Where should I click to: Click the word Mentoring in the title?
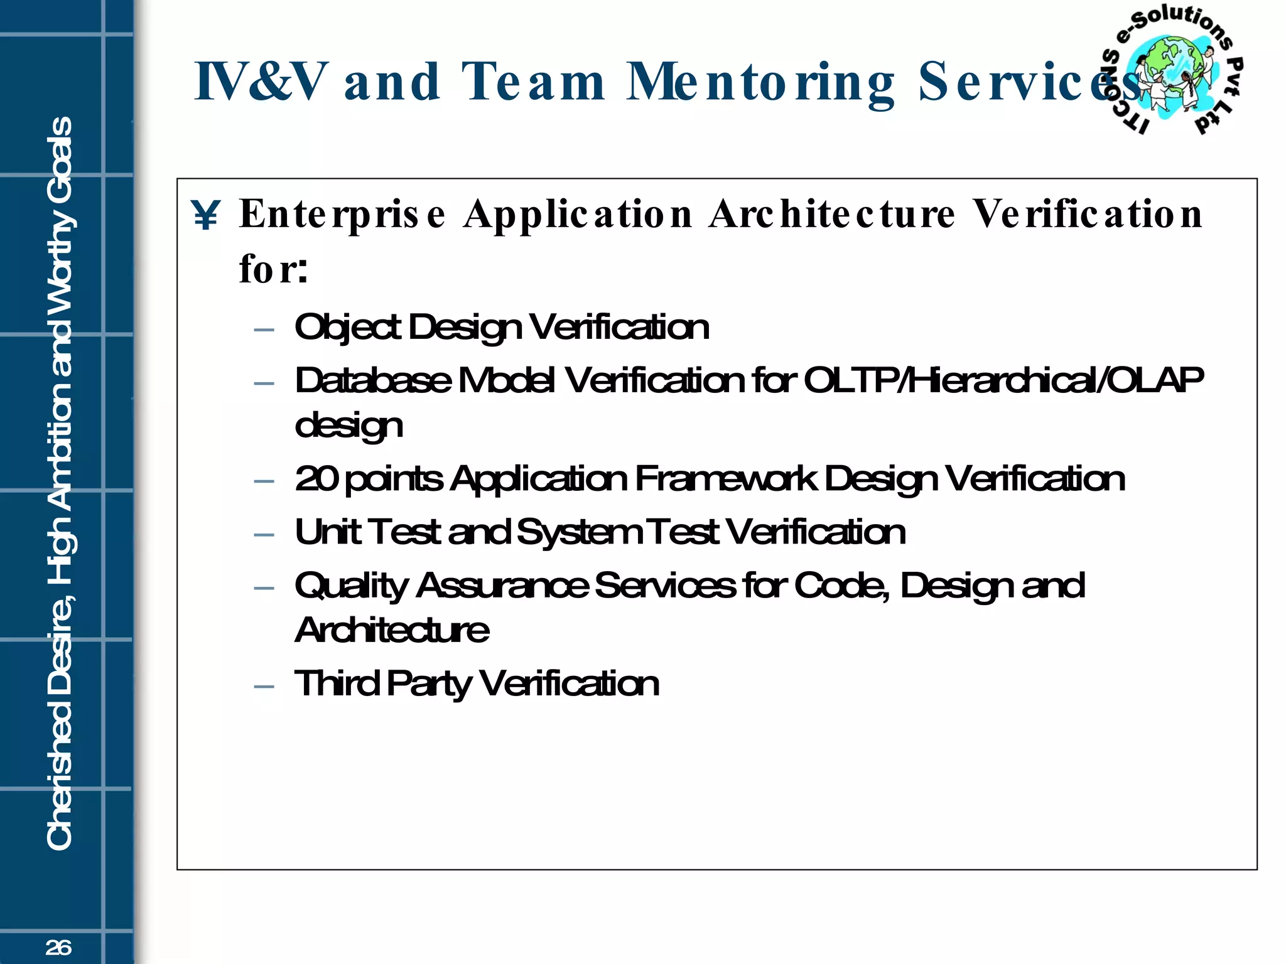coord(760,83)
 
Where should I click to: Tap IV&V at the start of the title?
coord(261,82)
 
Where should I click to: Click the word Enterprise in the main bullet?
coord(343,215)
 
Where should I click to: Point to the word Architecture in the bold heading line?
coord(832,215)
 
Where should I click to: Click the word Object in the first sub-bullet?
coord(347,328)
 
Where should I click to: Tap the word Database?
coord(373,380)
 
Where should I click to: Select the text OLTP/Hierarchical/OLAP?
coord(1003,380)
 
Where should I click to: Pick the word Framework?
coord(726,479)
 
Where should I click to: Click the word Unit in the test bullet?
coord(327,532)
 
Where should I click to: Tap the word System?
coord(578,532)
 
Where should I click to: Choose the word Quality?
coord(351,586)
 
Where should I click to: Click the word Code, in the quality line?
coord(841,586)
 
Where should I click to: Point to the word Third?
coord(337,683)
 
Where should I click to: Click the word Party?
coord(428,684)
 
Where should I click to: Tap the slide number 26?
coord(58,948)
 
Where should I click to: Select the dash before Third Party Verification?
coord(264,687)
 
